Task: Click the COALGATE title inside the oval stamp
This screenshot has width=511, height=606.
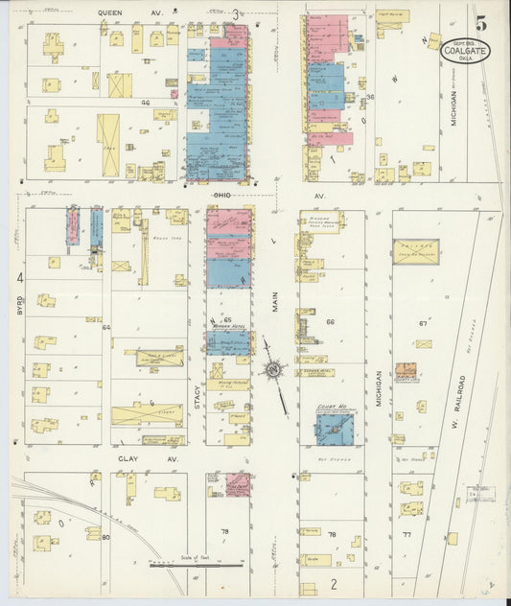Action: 466,50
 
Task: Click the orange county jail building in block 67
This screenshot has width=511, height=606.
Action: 406,370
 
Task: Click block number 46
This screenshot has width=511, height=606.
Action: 146,101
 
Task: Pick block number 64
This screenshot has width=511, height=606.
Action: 106,327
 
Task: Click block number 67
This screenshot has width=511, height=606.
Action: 422,323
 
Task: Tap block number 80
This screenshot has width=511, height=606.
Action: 105,537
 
